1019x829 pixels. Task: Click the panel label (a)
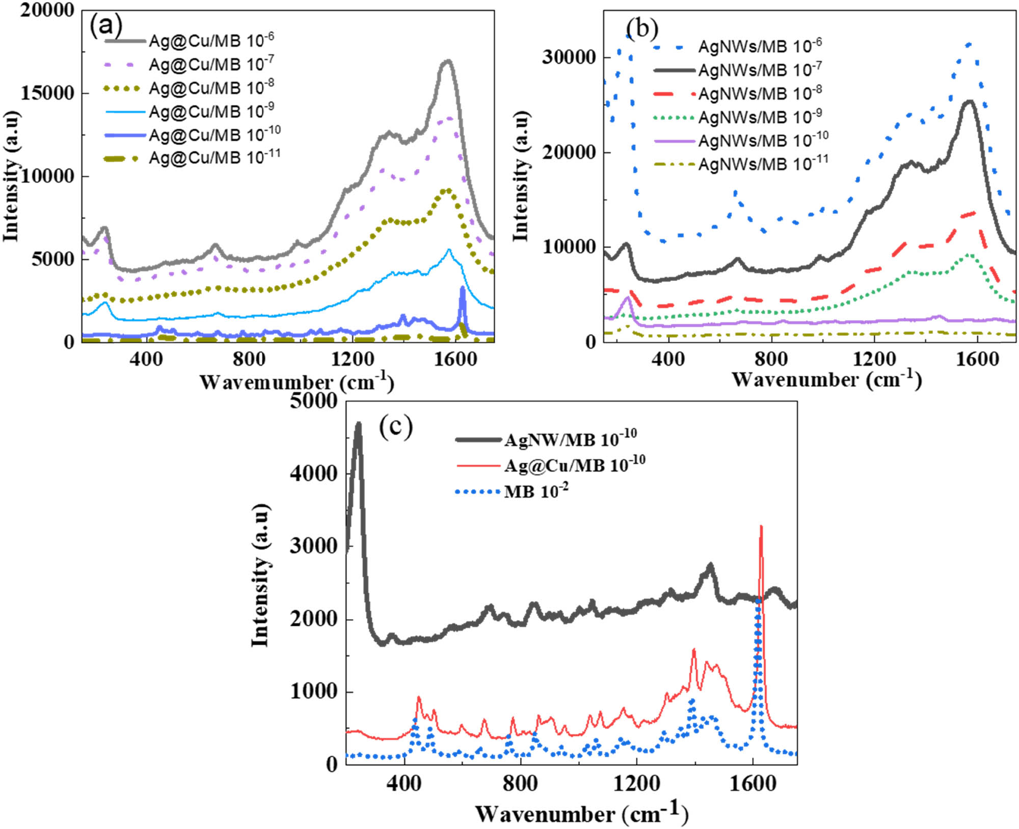(106, 26)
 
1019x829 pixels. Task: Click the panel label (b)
(641, 29)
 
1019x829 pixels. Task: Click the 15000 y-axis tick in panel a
(47, 93)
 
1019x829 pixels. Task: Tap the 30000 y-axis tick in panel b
(569, 57)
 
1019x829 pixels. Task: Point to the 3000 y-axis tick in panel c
(313, 546)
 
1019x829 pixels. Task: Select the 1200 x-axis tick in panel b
(874, 360)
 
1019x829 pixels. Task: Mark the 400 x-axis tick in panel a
(146, 360)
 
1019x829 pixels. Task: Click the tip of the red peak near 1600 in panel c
(761, 527)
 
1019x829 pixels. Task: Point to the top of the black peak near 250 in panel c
(358, 423)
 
